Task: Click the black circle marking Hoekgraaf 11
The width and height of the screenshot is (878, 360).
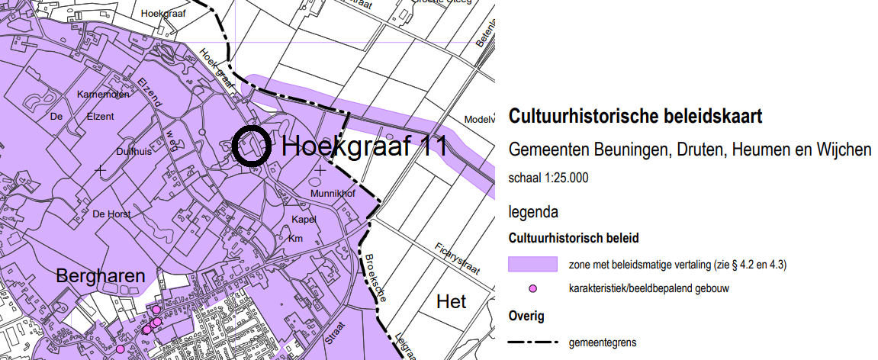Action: tap(250, 146)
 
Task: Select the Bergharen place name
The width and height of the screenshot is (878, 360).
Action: tap(101, 276)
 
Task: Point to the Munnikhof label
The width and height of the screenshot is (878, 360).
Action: tap(333, 194)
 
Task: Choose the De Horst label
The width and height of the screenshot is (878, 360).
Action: tap(111, 214)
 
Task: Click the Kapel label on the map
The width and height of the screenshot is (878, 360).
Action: tap(304, 220)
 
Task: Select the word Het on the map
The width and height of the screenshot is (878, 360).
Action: tap(452, 302)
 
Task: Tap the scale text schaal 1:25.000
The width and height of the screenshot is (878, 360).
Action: tap(548, 178)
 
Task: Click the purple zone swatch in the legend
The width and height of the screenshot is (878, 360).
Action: tap(533, 264)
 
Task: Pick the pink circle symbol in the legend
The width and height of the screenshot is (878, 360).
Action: tap(533, 288)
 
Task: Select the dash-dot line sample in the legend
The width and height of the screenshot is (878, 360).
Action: tap(533, 342)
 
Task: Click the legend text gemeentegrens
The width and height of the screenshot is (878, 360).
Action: tap(603, 342)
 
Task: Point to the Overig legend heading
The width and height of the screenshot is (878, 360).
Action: tap(526, 315)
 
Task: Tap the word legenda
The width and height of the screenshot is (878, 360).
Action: tap(533, 211)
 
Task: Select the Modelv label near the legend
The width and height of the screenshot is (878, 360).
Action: tap(480, 121)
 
